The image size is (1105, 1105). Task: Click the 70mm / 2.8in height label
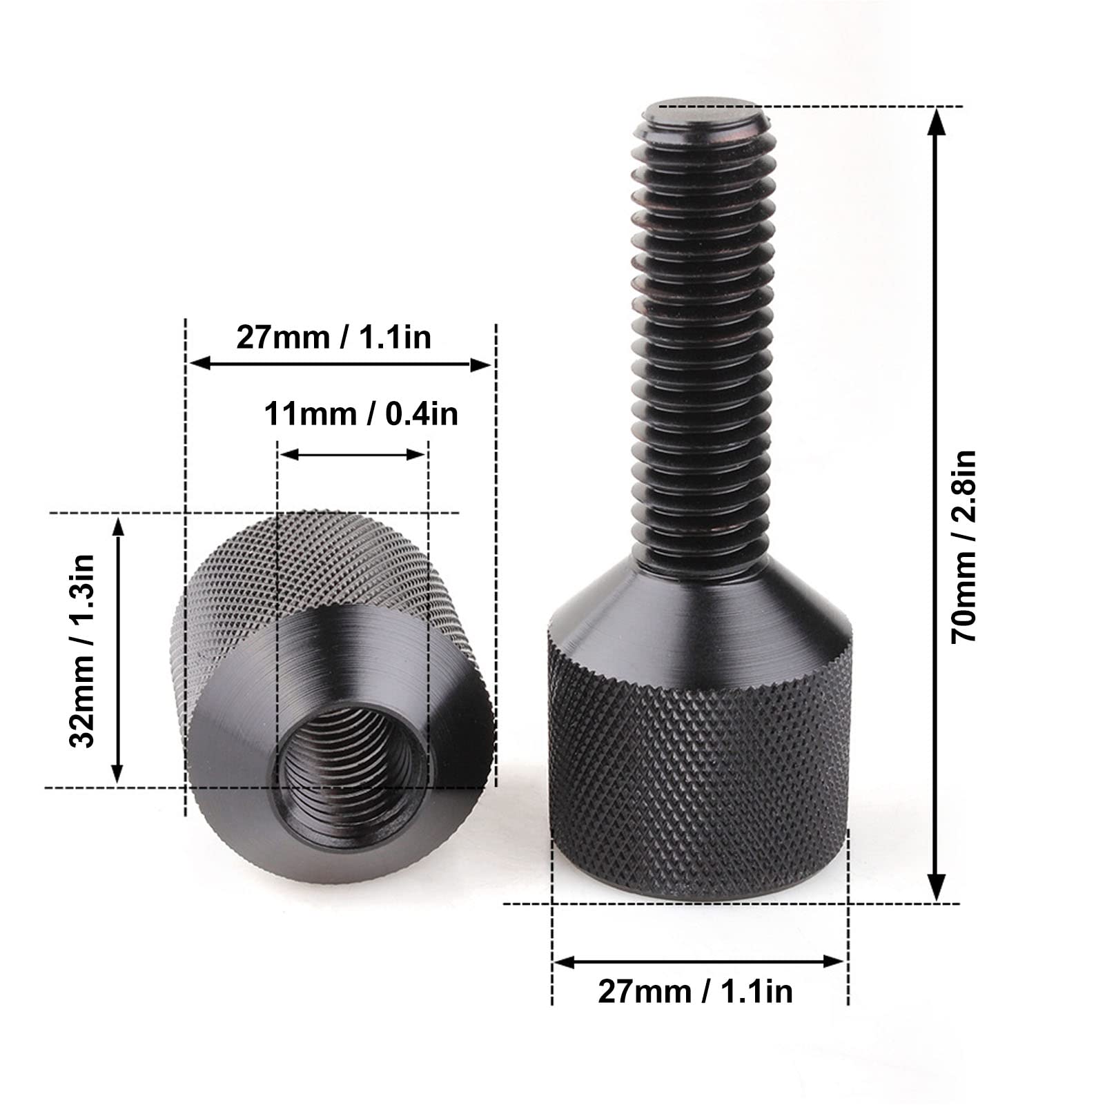click(964, 547)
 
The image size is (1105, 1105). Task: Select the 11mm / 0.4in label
click(361, 414)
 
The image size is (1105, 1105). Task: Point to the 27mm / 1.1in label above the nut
click(334, 338)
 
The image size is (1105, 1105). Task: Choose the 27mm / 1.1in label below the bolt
click(695, 992)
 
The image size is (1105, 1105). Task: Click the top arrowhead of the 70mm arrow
click(936, 121)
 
